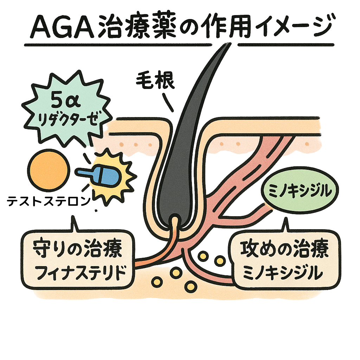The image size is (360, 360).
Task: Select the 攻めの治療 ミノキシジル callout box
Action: [285, 259]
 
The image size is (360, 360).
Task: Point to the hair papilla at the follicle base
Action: [175, 222]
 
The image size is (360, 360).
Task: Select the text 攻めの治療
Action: [285, 249]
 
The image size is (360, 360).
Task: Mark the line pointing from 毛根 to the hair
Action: [168, 103]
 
